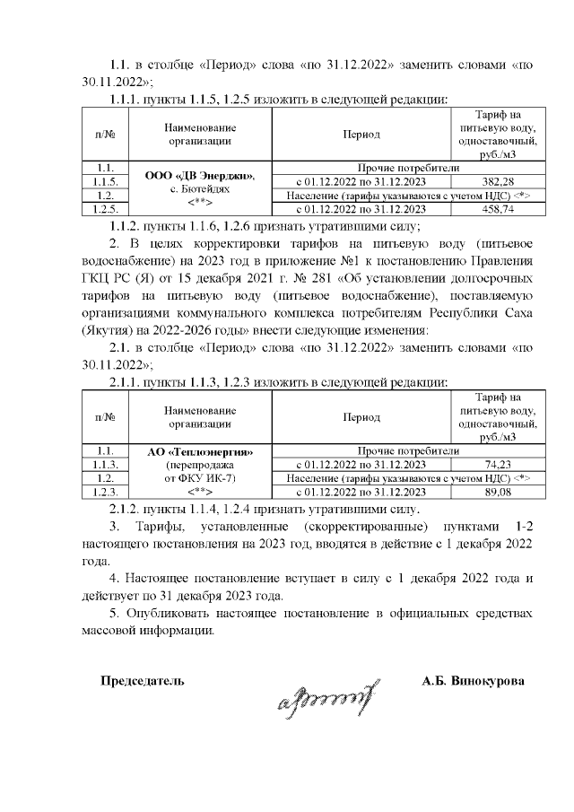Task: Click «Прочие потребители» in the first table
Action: pyautogui.click(x=408, y=168)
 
